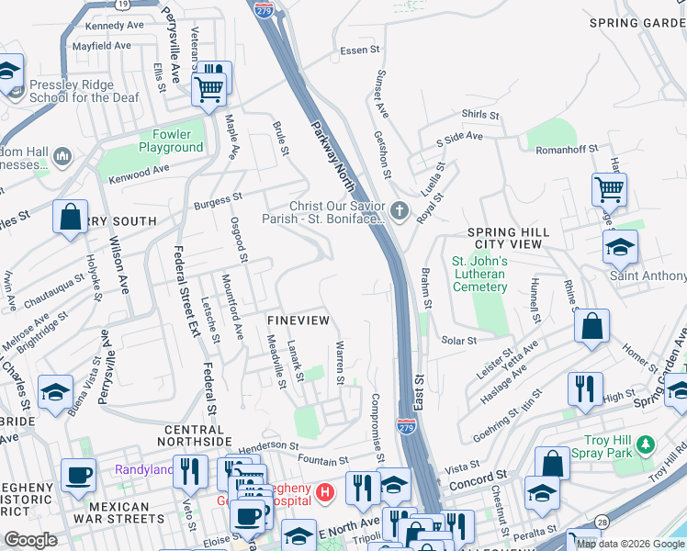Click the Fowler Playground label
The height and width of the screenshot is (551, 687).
point(171,141)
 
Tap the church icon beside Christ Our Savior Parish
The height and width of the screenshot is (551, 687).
point(399,212)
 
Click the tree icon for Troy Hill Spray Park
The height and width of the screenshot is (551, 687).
point(647,444)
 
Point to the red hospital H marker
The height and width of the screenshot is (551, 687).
point(323,494)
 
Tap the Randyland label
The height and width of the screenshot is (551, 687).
point(143,470)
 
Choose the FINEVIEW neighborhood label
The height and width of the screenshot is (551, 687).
point(298,320)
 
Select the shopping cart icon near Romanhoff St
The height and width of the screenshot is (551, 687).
point(609,190)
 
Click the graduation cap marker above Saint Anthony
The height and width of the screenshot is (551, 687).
point(621,246)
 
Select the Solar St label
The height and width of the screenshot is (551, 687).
point(459,340)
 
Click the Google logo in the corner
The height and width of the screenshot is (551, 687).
point(31,540)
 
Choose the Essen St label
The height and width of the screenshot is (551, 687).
point(353,51)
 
